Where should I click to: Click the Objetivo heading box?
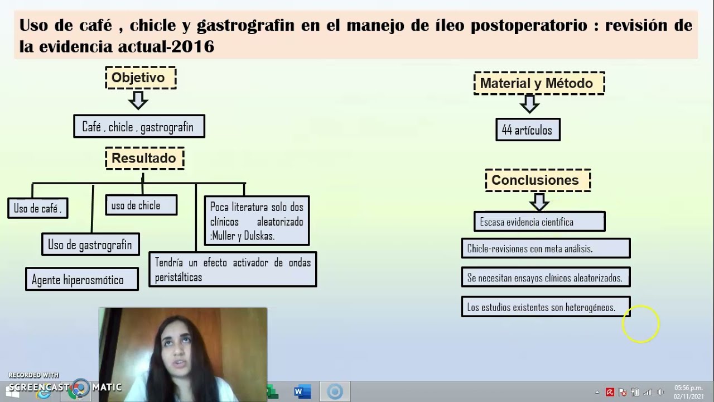(141, 78)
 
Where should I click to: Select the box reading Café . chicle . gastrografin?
(139, 127)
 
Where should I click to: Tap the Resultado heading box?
(144, 158)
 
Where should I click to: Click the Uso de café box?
(37, 208)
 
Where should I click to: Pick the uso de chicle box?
(141, 205)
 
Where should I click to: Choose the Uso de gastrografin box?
(90, 244)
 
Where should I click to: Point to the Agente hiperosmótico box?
(81, 279)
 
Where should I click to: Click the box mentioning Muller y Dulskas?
(257, 221)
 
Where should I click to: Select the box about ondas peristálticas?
(233, 269)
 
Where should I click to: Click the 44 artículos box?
(527, 130)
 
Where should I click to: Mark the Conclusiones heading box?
(537, 180)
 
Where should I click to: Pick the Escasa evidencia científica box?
(539, 222)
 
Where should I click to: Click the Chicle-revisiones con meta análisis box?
(546, 248)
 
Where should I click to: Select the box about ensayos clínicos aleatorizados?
(546, 277)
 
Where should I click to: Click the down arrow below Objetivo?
(138, 100)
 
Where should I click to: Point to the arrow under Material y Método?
(529, 104)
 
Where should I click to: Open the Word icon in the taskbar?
(302, 391)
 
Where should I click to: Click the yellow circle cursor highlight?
(641, 324)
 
